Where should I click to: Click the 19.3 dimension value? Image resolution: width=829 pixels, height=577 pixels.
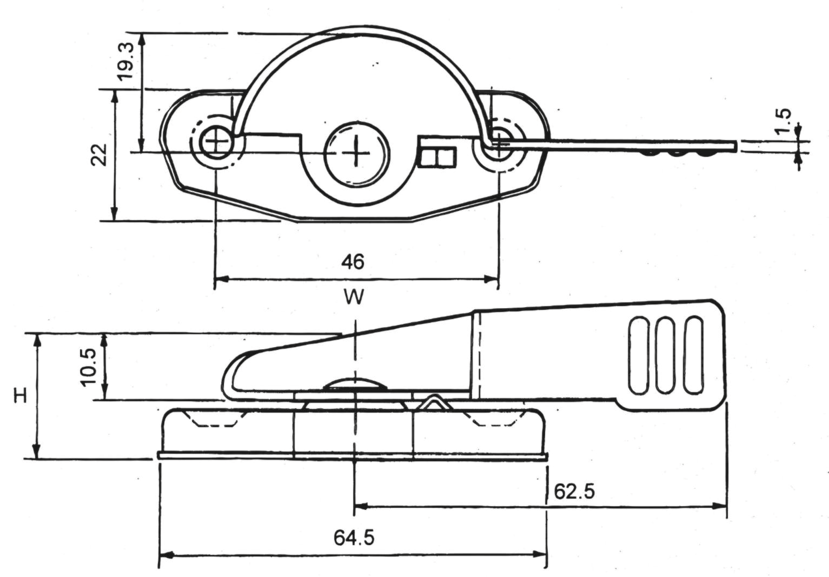(x=126, y=61)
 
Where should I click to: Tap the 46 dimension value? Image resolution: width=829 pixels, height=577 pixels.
(x=353, y=262)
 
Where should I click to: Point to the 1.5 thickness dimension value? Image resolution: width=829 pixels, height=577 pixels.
(x=783, y=121)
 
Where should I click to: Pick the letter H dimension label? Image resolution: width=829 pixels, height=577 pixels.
(x=21, y=395)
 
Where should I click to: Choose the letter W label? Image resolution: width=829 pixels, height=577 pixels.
(x=354, y=297)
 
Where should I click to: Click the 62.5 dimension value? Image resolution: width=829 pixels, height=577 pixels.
(x=574, y=491)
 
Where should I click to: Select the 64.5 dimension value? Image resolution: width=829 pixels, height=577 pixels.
(x=354, y=538)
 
